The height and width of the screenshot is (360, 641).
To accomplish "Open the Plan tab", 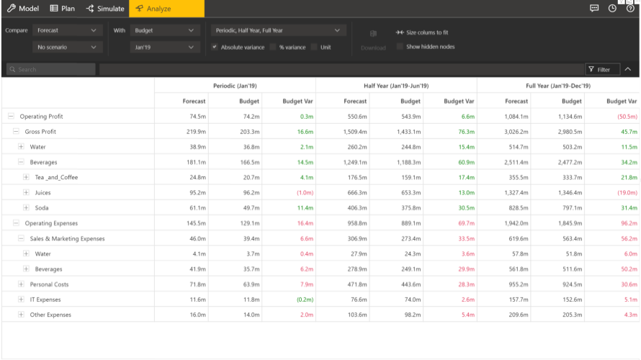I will [x=62, y=9].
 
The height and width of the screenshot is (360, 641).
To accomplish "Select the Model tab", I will [x=23, y=9].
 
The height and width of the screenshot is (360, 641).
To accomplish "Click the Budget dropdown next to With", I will [x=165, y=31].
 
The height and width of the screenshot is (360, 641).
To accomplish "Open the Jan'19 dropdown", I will [x=165, y=47].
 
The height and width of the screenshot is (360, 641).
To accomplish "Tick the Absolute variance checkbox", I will [x=215, y=47].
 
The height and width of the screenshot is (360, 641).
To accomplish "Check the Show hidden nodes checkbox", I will [x=400, y=47].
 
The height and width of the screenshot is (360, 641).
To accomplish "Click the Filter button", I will [x=599, y=69].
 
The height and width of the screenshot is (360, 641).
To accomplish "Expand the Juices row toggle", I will [x=27, y=192].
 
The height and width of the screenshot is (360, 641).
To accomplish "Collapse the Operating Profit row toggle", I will [x=11, y=116].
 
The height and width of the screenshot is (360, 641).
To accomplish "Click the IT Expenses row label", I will [x=45, y=300].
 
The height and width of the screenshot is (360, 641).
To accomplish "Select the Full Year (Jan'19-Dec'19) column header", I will [x=558, y=86].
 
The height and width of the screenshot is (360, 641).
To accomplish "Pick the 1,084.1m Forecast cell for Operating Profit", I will [x=516, y=117].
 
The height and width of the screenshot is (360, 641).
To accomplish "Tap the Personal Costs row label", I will [x=49, y=284].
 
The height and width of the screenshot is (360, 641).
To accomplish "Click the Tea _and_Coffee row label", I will [x=56, y=177].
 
